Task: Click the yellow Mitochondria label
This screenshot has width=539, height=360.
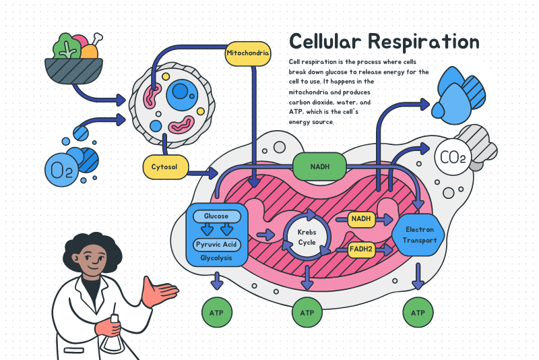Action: (248, 53)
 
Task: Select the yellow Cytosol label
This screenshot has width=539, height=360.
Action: (164, 167)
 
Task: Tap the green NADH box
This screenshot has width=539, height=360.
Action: (319, 167)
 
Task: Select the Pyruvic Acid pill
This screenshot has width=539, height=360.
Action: (216, 244)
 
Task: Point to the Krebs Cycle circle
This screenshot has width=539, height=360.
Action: (307, 237)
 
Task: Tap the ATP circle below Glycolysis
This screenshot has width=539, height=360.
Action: (217, 313)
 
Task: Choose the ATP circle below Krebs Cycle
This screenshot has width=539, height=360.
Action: (307, 313)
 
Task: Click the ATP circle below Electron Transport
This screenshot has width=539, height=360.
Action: (418, 313)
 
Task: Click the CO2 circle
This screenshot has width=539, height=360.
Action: (452, 158)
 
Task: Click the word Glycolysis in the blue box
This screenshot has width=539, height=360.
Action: (216, 258)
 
